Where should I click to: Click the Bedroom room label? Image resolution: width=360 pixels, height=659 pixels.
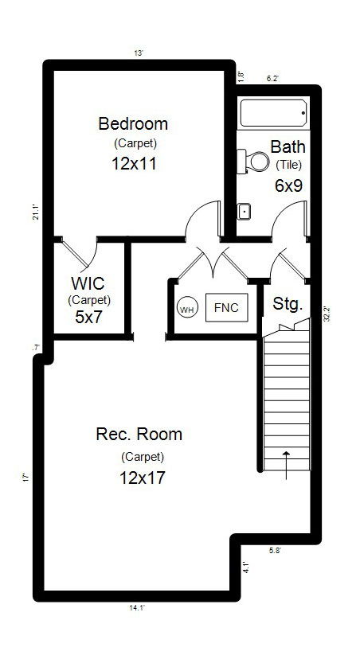[x=133, y=123]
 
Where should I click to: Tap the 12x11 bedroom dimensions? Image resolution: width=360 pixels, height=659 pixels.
[x=133, y=165]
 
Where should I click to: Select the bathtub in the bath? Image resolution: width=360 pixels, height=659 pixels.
[x=273, y=115]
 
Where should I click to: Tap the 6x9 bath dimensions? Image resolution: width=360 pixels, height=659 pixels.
[x=288, y=185]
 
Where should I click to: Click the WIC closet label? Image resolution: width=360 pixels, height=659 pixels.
[x=89, y=284]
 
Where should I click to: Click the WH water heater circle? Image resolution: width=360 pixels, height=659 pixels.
[x=186, y=309]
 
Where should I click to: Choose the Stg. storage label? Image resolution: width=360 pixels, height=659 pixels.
[x=287, y=303]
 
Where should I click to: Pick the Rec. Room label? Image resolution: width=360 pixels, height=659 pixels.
[x=139, y=435]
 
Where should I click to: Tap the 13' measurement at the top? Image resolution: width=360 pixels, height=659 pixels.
[x=139, y=53]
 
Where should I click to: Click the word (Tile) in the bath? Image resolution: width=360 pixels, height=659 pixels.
[x=288, y=165]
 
